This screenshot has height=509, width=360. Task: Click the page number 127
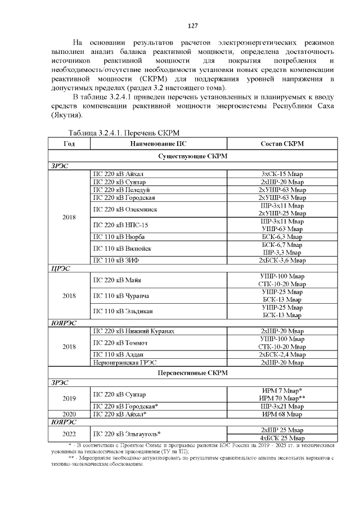(191, 26)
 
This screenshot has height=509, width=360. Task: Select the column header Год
(69, 144)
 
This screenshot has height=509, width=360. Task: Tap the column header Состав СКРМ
(282, 144)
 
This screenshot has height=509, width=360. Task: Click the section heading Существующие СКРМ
(191, 155)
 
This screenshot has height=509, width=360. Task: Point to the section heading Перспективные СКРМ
(191, 373)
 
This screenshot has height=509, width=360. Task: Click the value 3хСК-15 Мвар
(282, 174)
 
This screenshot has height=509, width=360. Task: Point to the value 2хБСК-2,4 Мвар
(282, 355)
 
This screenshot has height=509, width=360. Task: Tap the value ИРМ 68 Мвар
(282, 414)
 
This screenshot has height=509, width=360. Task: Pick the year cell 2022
(69, 434)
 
